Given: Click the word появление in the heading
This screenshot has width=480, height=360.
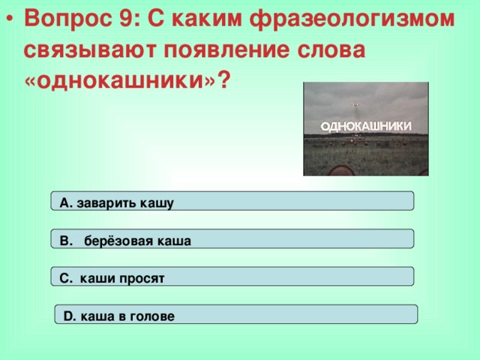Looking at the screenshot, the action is [226, 50].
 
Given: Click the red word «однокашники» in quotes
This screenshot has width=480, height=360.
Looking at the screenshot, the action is [120, 81].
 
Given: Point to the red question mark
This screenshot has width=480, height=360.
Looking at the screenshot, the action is [223, 79].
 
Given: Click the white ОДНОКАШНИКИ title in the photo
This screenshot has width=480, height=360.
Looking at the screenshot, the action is [366, 127].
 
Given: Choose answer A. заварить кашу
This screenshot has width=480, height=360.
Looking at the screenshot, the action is [232, 201].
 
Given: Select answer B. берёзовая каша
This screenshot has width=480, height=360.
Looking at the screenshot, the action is [232, 238].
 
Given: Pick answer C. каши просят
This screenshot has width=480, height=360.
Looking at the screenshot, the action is [232, 277].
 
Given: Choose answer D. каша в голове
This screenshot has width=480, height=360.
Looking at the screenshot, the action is [236, 314].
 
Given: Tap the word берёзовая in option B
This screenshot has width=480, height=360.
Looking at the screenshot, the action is [118, 241].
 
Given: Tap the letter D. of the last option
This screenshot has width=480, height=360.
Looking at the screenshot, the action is [70, 316].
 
